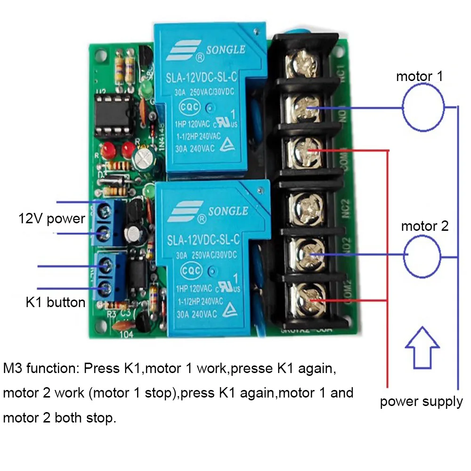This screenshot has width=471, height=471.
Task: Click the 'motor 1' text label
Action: click(419, 76)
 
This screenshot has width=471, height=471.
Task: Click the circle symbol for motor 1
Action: click(423, 109)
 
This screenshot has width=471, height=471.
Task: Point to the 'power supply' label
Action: click(421, 402)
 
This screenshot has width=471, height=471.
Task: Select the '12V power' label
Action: click(52, 219)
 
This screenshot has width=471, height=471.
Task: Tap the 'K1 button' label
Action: click(56, 302)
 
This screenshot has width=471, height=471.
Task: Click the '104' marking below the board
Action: click(127, 335)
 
